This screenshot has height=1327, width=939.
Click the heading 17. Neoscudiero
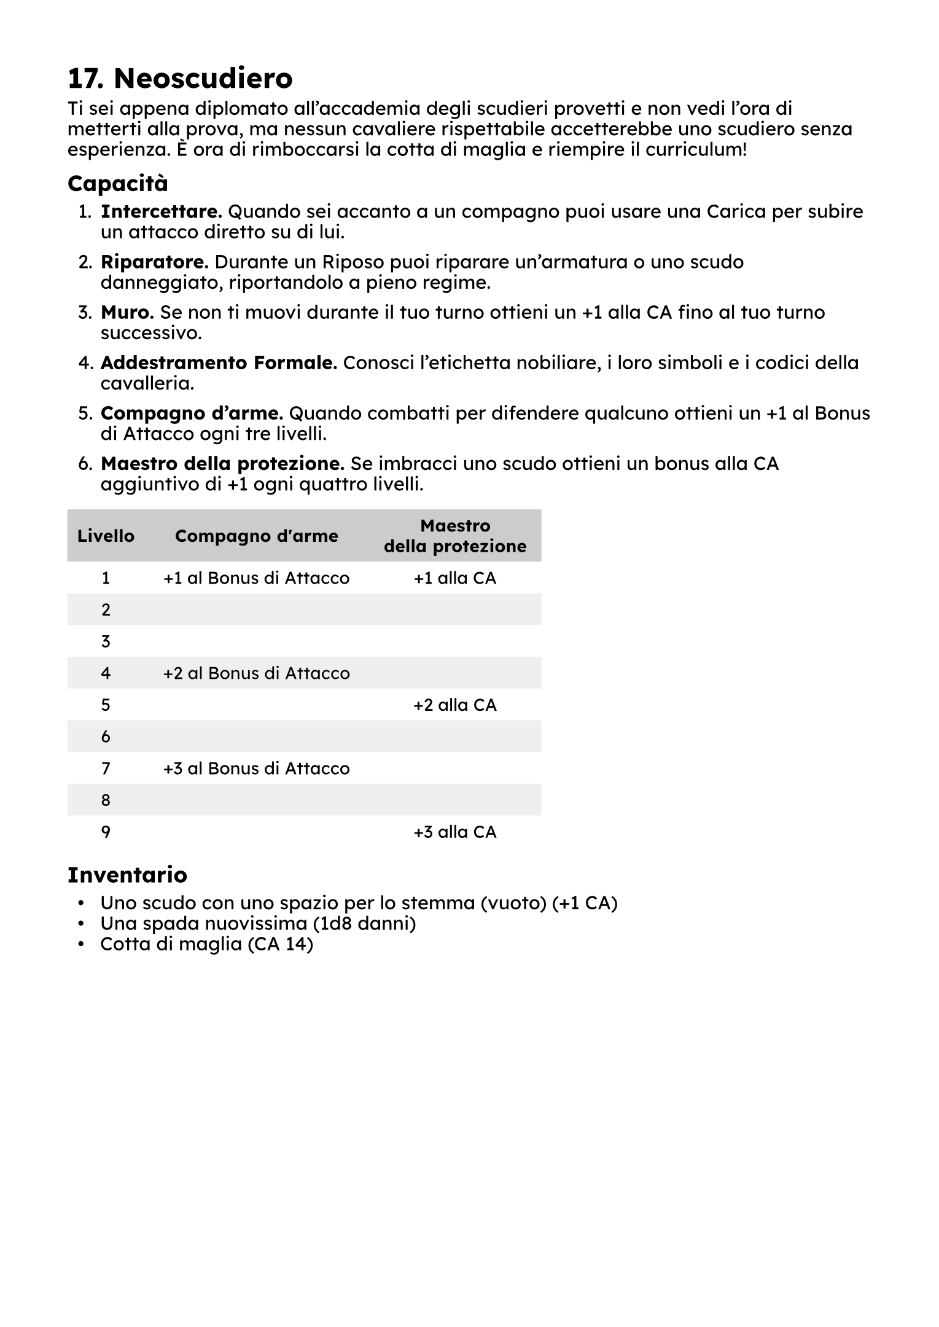[x=180, y=79]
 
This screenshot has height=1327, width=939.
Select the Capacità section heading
[x=117, y=184]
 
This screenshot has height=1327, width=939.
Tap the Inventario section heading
[x=127, y=874]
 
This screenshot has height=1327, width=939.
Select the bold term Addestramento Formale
[x=219, y=363]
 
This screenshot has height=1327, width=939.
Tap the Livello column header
[x=106, y=536]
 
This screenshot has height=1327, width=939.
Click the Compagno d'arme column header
[x=256, y=536]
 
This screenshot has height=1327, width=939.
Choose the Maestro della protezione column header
[x=455, y=536]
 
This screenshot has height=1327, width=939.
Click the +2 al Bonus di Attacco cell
[x=256, y=673]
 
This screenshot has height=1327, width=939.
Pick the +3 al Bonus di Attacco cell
[x=256, y=769]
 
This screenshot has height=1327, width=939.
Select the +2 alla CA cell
[x=455, y=705]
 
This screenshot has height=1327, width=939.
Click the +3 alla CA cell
[x=455, y=832]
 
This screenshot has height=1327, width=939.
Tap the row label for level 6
[x=106, y=737]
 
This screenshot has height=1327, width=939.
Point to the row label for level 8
[x=106, y=801]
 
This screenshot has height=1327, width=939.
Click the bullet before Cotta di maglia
[x=80, y=944]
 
